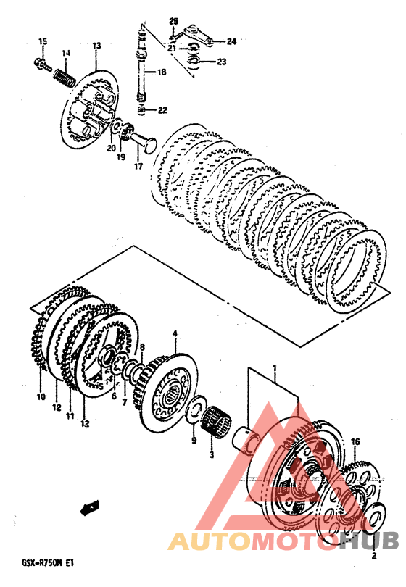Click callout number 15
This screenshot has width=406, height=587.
click(x=43, y=41)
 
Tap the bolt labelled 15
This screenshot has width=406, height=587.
click(x=43, y=64)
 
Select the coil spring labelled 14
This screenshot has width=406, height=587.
click(x=64, y=78)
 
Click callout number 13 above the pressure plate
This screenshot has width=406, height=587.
click(x=96, y=46)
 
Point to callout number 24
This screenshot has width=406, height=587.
click(x=231, y=41)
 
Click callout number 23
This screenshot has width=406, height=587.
click(x=222, y=62)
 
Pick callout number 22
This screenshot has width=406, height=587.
click(x=162, y=110)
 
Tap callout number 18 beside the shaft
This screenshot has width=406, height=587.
click(x=162, y=72)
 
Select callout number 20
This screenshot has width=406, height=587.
click(x=111, y=149)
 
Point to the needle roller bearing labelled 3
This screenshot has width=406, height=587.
click(x=217, y=421)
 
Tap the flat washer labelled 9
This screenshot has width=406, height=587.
click(x=196, y=409)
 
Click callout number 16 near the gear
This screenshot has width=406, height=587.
click(x=355, y=442)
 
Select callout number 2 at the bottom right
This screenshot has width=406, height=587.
click(x=374, y=556)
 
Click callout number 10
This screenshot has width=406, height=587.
click(x=41, y=396)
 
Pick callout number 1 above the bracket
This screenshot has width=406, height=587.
click(x=275, y=368)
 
